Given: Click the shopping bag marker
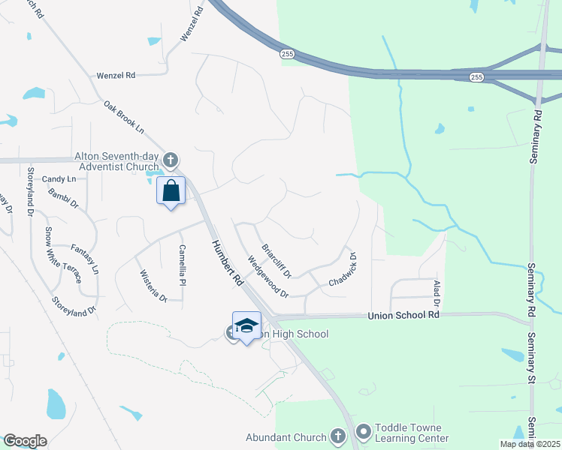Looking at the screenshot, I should click(171, 191).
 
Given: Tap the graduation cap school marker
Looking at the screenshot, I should click(246, 326).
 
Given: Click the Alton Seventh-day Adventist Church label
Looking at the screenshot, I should click(116, 161).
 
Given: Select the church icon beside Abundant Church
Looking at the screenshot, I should click(337, 437).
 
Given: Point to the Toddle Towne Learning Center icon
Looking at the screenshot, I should click(364, 431).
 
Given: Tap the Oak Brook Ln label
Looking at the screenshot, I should click(124, 118).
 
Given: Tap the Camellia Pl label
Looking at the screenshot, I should click(182, 265).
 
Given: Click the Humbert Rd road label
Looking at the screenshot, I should click(228, 262).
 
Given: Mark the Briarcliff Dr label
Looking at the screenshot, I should click(276, 259).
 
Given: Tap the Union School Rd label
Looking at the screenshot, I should click(403, 316).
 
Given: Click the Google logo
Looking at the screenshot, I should click(26, 440).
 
